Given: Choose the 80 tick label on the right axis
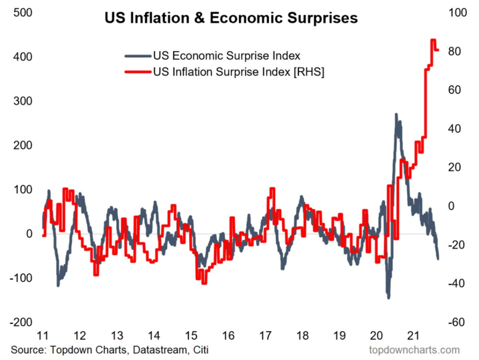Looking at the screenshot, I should point(453,52).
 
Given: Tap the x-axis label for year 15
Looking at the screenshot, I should point(192,336).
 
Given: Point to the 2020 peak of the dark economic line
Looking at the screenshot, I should point(396,115).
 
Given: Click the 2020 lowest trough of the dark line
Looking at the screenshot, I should point(388,297).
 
